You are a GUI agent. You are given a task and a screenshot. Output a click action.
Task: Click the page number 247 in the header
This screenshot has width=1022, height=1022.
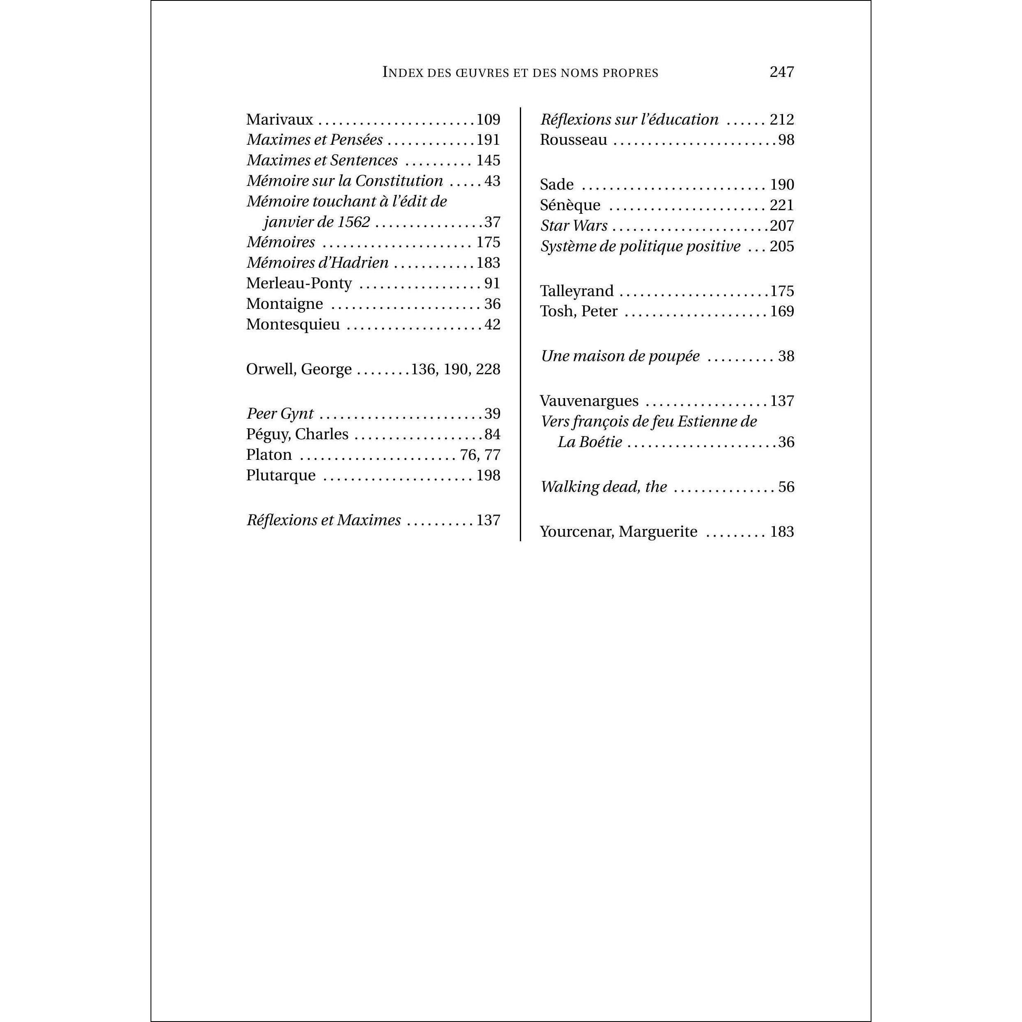[781, 72]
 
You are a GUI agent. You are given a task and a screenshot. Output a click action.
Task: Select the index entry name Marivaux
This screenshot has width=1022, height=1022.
[279, 120]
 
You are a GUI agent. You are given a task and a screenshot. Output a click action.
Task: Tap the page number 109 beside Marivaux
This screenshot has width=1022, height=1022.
[488, 120]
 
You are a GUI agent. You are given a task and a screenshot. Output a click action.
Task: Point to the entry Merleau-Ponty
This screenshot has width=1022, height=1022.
[299, 283]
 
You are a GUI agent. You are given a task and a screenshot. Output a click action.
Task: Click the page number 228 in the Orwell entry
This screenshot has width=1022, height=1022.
[488, 369]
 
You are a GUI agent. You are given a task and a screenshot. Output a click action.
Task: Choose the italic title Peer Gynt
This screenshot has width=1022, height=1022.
[280, 414]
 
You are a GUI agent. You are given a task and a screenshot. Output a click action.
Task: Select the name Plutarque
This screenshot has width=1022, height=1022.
[280, 475]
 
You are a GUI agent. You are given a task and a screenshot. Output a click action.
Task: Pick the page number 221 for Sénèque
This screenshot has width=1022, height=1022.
[782, 205]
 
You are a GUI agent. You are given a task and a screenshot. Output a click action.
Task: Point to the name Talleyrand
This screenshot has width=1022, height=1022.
[577, 291]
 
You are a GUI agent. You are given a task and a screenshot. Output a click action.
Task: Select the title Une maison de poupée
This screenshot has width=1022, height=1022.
[620, 356]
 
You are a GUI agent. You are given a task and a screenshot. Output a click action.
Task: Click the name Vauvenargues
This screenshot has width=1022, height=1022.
[589, 401]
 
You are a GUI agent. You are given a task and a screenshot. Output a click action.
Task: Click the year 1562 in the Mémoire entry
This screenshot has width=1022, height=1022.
[353, 222]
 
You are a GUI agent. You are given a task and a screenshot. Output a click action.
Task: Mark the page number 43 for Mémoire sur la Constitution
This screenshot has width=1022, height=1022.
[492, 181]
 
